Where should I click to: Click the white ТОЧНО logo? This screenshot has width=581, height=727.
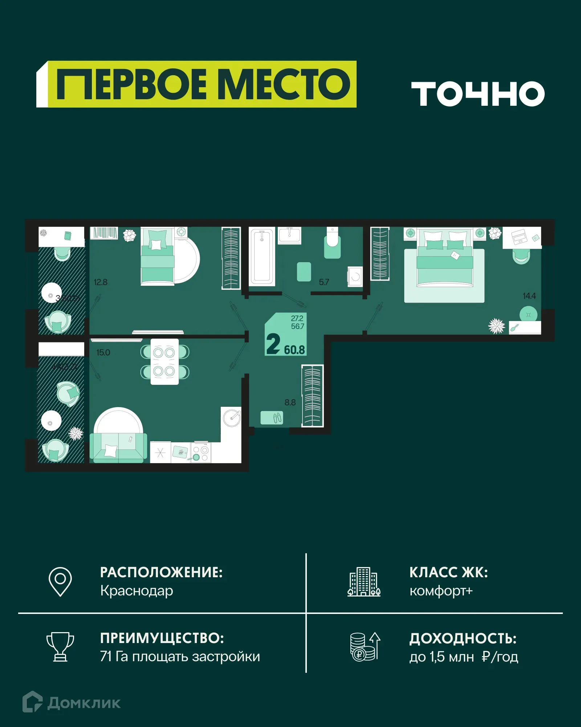click(478, 93)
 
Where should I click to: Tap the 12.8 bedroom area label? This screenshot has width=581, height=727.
click(101, 282)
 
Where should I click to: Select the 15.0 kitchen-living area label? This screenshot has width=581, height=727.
click(103, 352)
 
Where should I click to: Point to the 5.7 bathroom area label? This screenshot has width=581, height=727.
click(324, 282)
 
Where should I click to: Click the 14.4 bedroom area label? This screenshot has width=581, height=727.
click(529, 296)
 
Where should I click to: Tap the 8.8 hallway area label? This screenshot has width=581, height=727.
click(290, 402)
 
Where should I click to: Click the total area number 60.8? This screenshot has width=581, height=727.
click(294, 350)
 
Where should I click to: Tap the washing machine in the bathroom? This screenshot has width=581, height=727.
click(355, 277)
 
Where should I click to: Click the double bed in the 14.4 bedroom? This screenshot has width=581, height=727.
click(445, 259)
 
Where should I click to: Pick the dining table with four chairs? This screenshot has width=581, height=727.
click(164, 362)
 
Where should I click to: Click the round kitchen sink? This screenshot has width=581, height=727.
click(232, 418)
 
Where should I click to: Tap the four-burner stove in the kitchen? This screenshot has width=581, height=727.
click(201, 453)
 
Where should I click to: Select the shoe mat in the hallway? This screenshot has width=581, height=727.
click(272, 418)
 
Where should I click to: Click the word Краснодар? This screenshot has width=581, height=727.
click(137, 591)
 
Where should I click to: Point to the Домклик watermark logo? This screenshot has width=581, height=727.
click(72, 703)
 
